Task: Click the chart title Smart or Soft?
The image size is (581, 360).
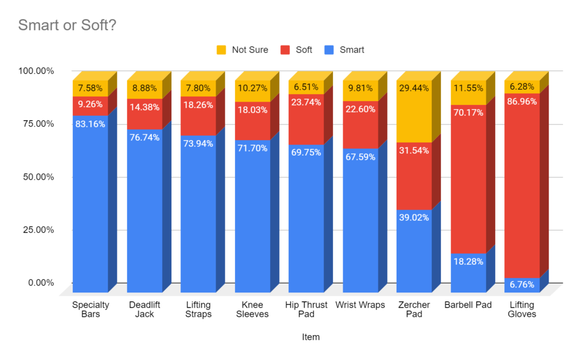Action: coord(67,26)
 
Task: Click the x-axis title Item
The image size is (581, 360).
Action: coord(311,337)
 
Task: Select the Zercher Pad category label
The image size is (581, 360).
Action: coord(414,309)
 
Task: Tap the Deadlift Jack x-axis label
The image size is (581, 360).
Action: coord(145,309)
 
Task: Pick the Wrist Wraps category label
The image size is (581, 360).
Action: coord(360,305)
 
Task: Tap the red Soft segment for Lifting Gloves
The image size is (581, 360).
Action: coord(522,182)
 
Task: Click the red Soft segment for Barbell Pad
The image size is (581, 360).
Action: coord(468,182)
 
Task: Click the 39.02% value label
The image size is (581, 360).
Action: coord(414,218)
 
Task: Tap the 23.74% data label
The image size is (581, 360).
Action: coord(306,103)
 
